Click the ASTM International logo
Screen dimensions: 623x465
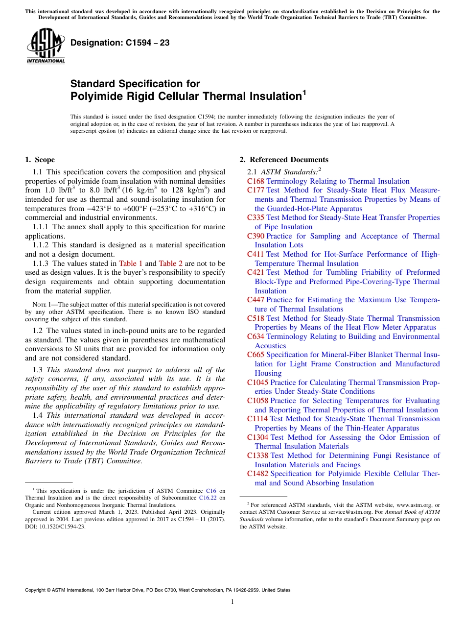point(46,46)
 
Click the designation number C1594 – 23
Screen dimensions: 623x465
point(120,43)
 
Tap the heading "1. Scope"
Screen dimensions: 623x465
point(40,160)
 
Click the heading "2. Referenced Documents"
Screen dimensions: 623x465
point(284,160)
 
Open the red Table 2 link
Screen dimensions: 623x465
point(171,263)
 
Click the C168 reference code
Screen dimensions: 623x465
point(256,181)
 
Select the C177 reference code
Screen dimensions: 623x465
point(256,190)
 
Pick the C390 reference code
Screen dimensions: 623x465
point(256,236)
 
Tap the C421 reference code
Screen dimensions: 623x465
point(256,272)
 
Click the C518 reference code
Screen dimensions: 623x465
point(256,318)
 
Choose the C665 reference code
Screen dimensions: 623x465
point(256,355)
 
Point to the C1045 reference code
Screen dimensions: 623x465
point(257,383)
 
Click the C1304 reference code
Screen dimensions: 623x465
point(257,437)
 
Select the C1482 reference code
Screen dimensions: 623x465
point(257,474)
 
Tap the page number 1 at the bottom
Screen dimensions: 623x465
point(232,601)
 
